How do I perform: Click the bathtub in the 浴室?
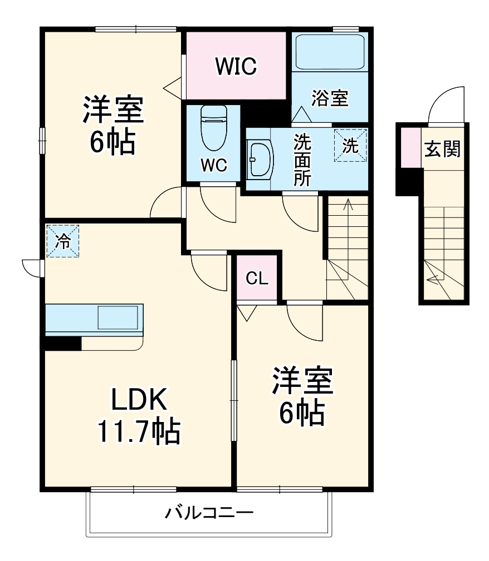pyautogui.click(x=329, y=53)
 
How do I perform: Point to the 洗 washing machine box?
pyautogui.click(x=350, y=146)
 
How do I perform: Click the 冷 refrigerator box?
pyautogui.click(x=62, y=241)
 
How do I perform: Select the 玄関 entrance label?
pyautogui.click(x=443, y=148)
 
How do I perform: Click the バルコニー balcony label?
pyautogui.click(x=209, y=512)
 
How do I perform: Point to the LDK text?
pyautogui.click(x=139, y=399)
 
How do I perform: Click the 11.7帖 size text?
pyautogui.click(x=139, y=431)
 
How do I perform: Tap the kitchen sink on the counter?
pyautogui.click(x=117, y=317)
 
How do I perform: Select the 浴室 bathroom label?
pyautogui.click(x=330, y=98)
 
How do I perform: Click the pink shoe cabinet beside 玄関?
pyautogui.click(x=410, y=147)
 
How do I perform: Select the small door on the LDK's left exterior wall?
pyautogui.click(x=33, y=267)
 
